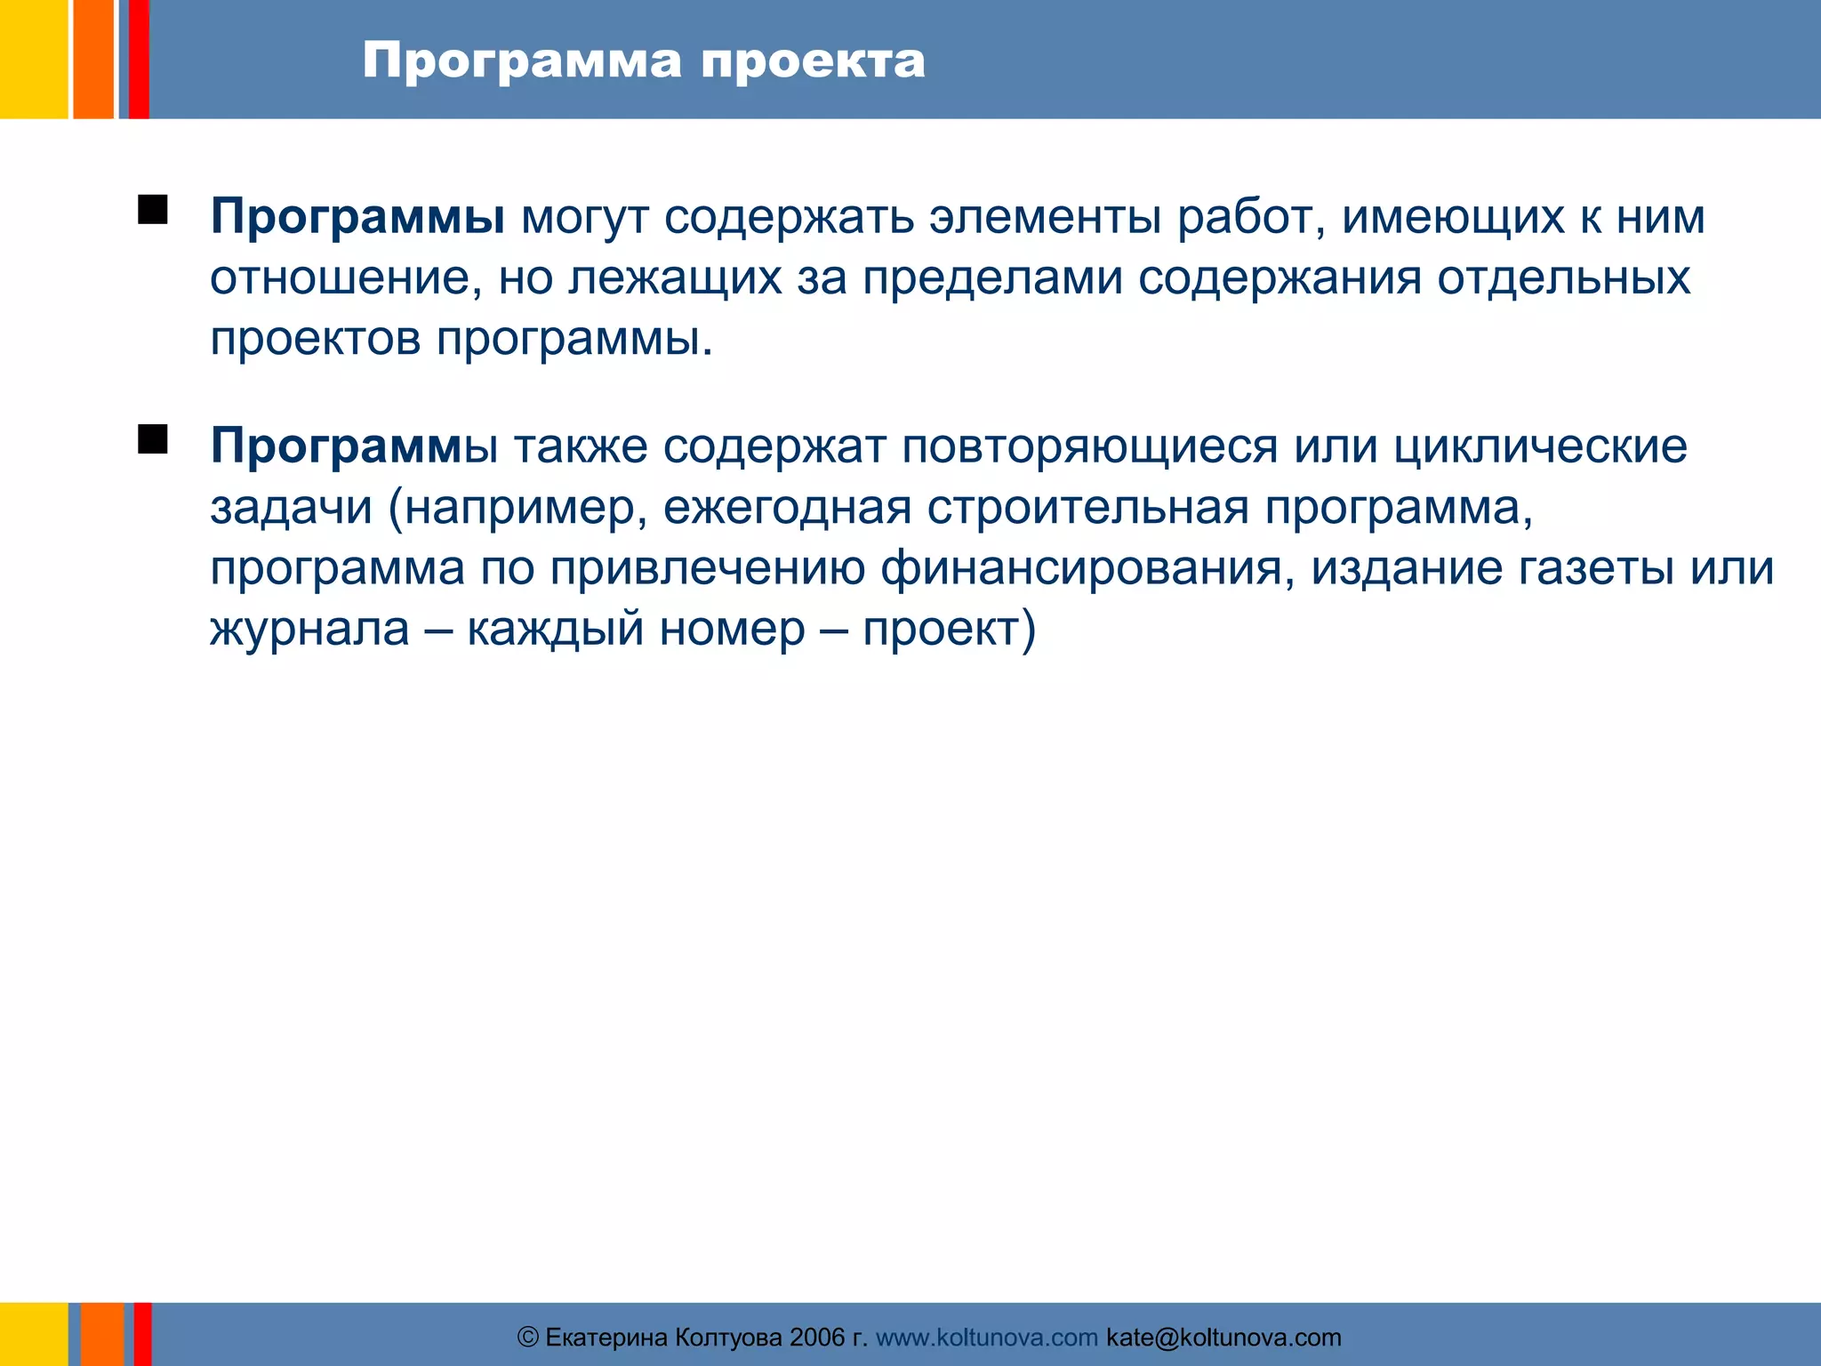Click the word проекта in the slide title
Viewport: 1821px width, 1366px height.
(813, 62)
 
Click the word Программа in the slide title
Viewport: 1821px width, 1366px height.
(522, 62)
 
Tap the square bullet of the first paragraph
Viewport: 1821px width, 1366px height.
(153, 211)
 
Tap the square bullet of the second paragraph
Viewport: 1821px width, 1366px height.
(153, 439)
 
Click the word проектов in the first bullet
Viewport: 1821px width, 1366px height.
(315, 338)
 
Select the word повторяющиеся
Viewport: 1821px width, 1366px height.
(1089, 446)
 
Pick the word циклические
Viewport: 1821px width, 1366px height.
(1540, 446)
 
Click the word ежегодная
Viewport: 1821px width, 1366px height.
(787, 507)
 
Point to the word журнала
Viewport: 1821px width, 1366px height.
(309, 629)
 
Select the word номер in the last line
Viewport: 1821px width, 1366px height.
(732, 629)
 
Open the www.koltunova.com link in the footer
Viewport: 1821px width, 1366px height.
(986, 1338)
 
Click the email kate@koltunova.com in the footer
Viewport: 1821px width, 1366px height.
(1223, 1338)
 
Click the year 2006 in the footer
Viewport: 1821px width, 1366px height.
(816, 1338)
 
